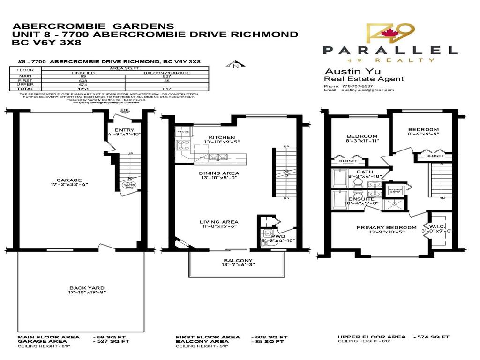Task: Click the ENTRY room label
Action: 124,130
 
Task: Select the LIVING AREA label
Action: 219,222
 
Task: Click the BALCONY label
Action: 238,261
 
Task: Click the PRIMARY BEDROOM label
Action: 386,228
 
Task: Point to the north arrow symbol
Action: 234,65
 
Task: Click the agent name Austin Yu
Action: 343,71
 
